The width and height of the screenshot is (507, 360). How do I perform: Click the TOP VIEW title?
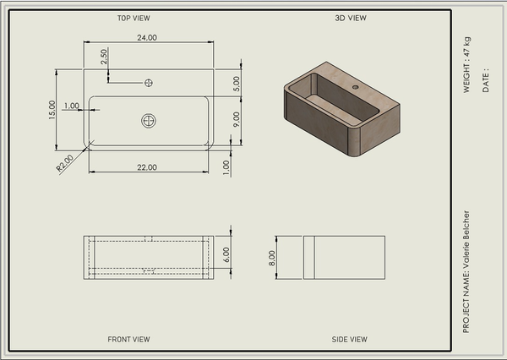point(134,18)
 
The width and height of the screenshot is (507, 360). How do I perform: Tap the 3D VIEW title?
point(351,18)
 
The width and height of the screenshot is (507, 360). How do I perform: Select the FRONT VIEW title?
point(128,340)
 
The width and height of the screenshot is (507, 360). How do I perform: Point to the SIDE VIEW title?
point(349,340)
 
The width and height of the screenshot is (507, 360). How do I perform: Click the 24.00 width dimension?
point(147,37)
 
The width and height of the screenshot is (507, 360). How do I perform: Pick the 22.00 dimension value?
point(147,167)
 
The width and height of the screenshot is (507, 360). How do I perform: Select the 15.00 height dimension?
point(52,110)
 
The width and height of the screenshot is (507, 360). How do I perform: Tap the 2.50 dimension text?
point(104,57)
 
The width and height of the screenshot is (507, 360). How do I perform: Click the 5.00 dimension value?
point(237,84)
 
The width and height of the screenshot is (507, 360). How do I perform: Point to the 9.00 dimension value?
point(237,119)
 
